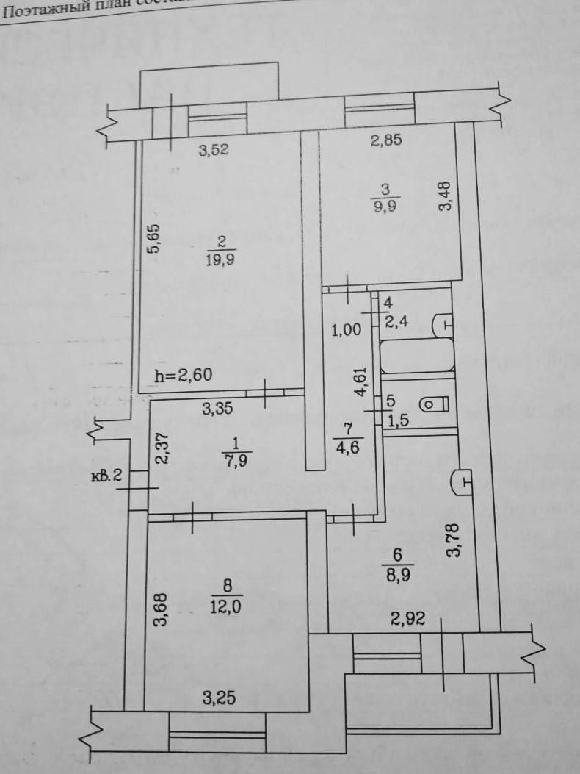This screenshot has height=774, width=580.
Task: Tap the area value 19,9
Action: click(x=220, y=259)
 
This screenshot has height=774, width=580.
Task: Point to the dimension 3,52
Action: click(x=214, y=151)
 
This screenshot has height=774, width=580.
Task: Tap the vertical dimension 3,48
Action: click(x=445, y=197)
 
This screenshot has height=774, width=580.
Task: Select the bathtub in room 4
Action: click(x=416, y=356)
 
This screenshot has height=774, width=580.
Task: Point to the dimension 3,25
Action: click(x=218, y=699)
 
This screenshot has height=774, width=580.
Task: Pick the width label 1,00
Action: click(x=347, y=330)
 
